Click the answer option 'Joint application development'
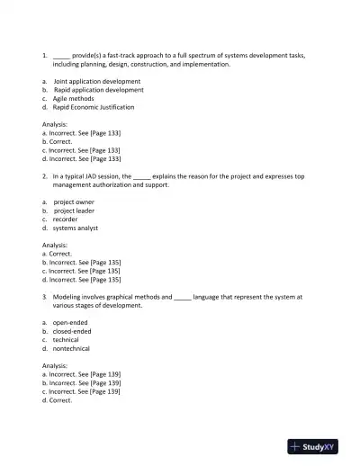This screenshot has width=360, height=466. coord(96,81)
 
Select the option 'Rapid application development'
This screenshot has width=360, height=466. coord(98,90)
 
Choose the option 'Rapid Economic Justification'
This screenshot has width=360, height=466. coord(94,107)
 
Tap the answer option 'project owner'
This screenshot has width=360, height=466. coord(74,202)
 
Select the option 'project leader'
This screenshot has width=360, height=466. coord(74,211)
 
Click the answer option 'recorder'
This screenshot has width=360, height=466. coord(66,219)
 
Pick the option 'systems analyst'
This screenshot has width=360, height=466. coord(76,228)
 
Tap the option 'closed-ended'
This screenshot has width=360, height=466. coord(73,331)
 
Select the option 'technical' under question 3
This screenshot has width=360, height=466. coord(66,339)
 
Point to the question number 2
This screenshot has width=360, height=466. coord(44,176)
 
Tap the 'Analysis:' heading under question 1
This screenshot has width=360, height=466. coord(55,124)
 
